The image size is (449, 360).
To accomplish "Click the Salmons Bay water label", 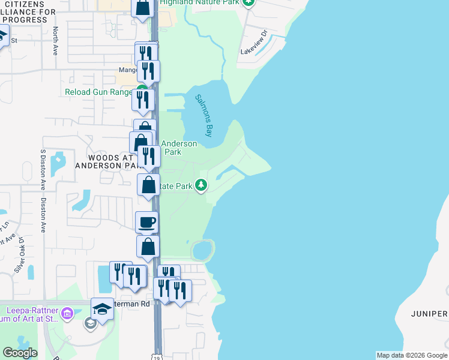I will coord(204,116).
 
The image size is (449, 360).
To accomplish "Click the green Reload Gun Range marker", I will coord(138,92).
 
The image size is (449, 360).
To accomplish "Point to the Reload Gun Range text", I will coord(99,92).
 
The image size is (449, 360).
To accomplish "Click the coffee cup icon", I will coord(147,223).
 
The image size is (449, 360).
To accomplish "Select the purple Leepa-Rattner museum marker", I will coord(67,312).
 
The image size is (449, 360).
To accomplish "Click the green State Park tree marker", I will coord(202,186).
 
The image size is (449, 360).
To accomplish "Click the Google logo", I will coord(20,353).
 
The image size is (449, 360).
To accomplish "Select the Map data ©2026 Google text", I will coord(411,355).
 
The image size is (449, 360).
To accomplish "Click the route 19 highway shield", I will coord(157,356).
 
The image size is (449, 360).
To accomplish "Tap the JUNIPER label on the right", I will coord(429,314).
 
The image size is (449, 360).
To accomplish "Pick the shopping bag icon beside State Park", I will coord(149,185).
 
